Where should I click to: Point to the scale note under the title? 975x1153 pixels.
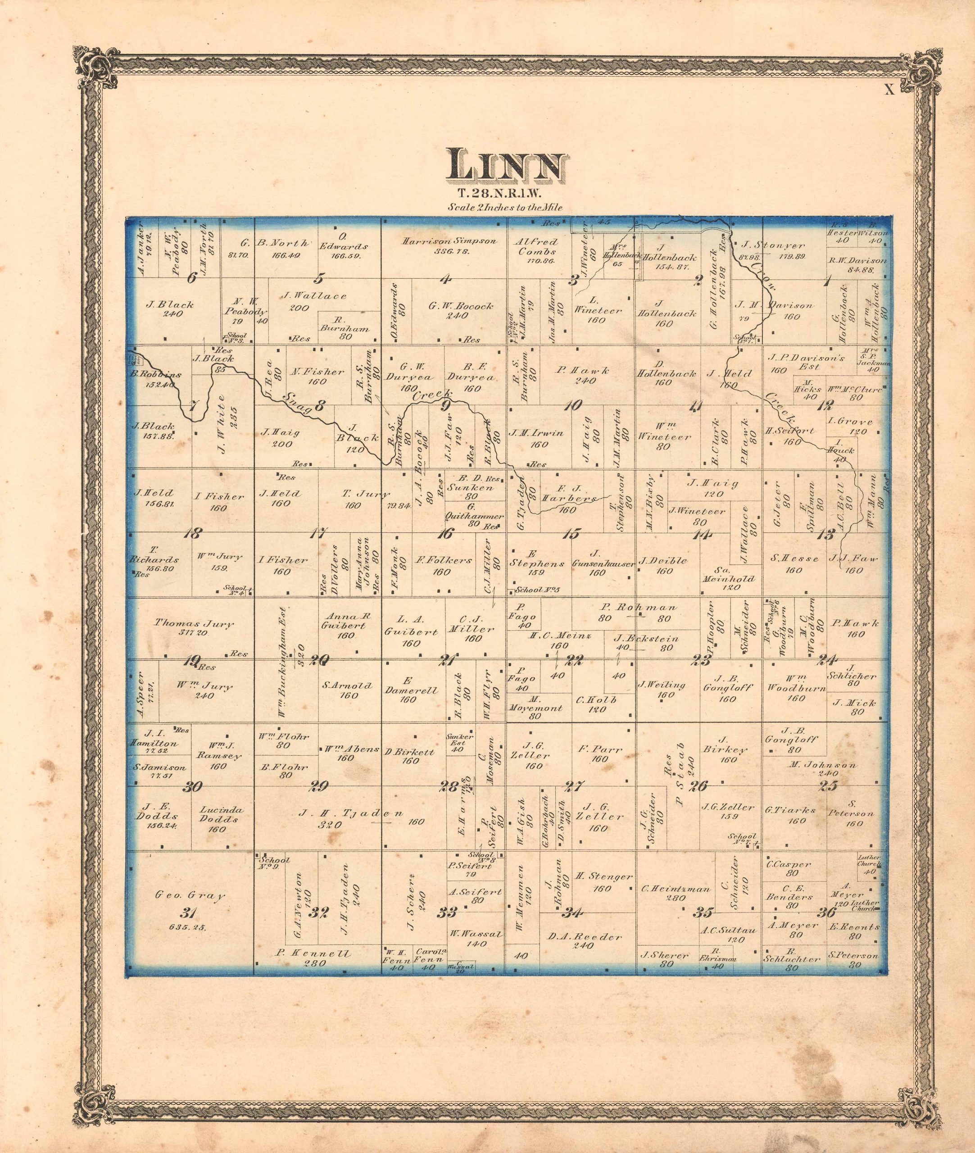click(x=506, y=208)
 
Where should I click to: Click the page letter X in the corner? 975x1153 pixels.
click(x=889, y=90)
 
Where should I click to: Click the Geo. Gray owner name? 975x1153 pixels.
click(x=190, y=895)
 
